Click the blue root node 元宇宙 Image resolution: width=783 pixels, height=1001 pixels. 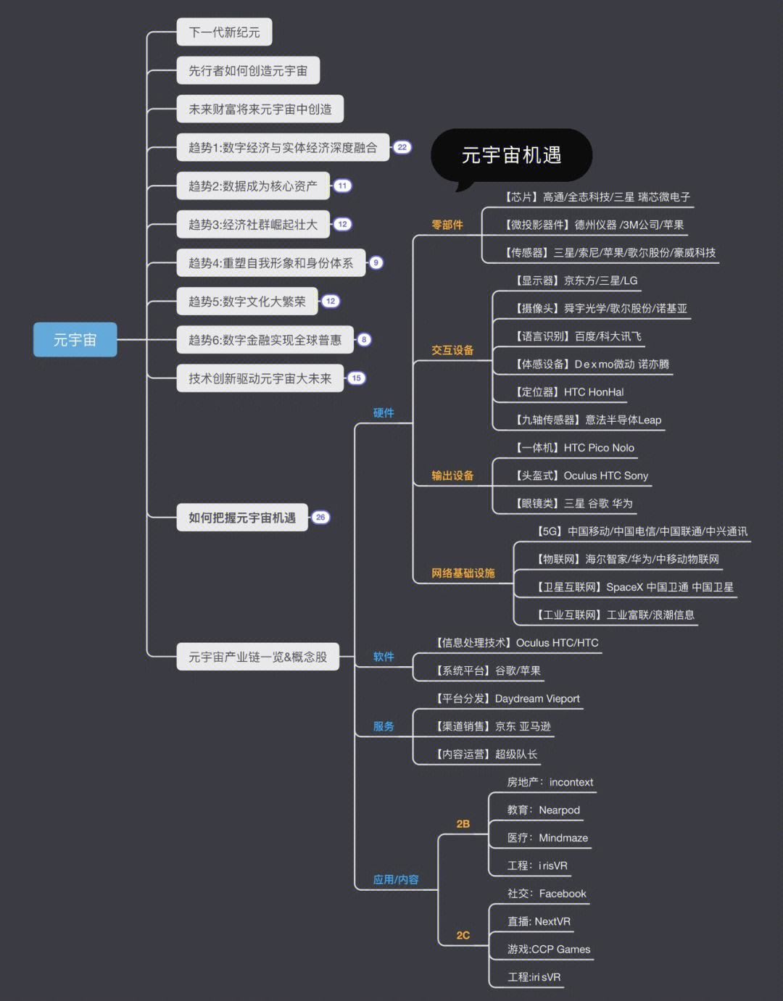click(x=75, y=340)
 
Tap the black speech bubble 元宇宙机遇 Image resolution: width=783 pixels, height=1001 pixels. click(x=511, y=155)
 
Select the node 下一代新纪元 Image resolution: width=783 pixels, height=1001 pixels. click(x=224, y=33)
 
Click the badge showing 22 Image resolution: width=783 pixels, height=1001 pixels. click(x=402, y=147)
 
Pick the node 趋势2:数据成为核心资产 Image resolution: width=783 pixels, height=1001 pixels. click(x=252, y=186)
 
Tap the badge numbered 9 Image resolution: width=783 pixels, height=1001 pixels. click(x=376, y=262)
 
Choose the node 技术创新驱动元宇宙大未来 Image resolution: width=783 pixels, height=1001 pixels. click(x=260, y=378)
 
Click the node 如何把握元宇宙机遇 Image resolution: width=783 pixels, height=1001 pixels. click(x=242, y=518)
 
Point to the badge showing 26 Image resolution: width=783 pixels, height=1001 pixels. click(x=320, y=518)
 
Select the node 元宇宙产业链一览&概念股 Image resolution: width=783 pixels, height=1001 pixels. click(x=257, y=657)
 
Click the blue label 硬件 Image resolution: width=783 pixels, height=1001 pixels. click(x=384, y=413)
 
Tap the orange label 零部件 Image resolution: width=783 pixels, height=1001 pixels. click(x=447, y=225)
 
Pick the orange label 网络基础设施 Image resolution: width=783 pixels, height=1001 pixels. click(x=463, y=573)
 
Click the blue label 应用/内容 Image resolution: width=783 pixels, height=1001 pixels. click(x=396, y=880)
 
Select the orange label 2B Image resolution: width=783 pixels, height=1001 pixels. click(x=463, y=824)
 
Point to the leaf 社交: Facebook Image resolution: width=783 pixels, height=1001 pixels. click(x=547, y=894)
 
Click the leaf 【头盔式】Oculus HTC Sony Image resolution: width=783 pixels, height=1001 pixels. click(x=581, y=475)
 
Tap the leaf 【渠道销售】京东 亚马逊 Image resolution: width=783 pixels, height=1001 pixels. click(x=493, y=726)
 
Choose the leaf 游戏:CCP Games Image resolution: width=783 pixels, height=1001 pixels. click(x=549, y=950)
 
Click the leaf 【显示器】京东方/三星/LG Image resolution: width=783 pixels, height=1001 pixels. click(x=576, y=281)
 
